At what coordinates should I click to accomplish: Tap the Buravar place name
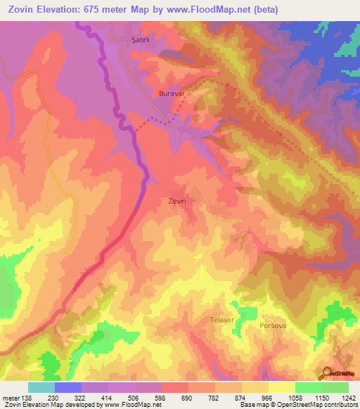(172, 93)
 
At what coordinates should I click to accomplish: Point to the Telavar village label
(221, 320)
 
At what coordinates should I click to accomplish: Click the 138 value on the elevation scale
(27, 397)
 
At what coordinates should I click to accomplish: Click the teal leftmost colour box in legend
(41, 387)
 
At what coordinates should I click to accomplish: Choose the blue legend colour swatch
(68, 387)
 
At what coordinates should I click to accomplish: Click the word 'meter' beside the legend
(11, 397)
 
